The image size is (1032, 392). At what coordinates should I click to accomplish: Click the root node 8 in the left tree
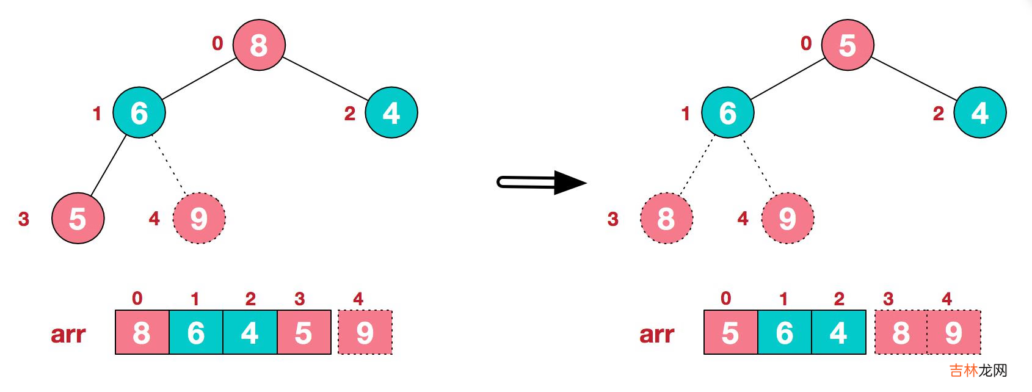click(259, 45)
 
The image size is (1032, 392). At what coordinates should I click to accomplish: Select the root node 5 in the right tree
click(847, 45)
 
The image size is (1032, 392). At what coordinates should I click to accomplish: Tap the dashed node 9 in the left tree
click(199, 218)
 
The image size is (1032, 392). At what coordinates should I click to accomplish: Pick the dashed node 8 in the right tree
click(666, 218)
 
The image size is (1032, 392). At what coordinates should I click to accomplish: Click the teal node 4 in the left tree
click(391, 112)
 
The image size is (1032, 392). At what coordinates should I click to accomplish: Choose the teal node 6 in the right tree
click(727, 112)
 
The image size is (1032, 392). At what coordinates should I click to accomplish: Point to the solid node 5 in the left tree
click(78, 218)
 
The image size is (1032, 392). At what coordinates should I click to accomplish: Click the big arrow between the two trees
click(541, 182)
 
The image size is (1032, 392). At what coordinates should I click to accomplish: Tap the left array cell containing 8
click(142, 333)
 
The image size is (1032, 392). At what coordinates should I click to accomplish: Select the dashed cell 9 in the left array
click(365, 333)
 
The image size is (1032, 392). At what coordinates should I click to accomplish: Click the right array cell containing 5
click(730, 333)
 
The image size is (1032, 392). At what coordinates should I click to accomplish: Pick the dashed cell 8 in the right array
click(901, 333)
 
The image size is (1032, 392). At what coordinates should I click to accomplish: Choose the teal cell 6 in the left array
click(196, 333)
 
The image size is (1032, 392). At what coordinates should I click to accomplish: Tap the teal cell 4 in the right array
click(838, 333)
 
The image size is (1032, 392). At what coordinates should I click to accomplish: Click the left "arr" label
click(68, 334)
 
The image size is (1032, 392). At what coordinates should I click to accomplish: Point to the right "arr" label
click(656, 334)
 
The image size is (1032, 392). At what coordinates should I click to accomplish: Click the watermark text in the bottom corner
click(978, 370)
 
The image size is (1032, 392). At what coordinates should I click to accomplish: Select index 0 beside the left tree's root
click(217, 43)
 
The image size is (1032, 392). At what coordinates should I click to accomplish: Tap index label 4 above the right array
click(947, 299)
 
